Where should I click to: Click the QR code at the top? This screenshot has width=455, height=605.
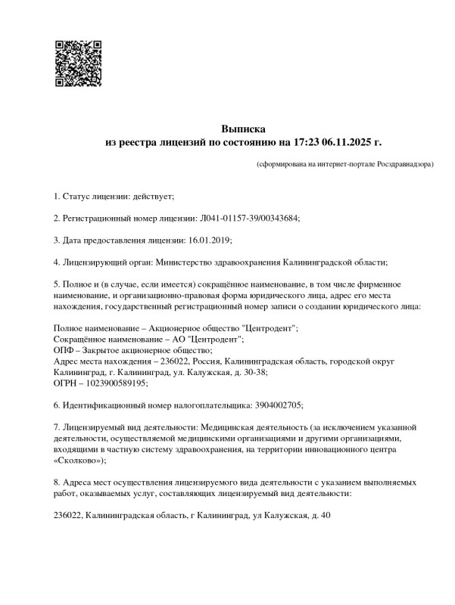coord(78,61)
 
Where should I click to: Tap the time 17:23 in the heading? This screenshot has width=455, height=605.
coord(302,141)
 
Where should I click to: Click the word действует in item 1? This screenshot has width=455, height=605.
coord(154,197)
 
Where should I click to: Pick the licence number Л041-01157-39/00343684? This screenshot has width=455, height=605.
coord(248,219)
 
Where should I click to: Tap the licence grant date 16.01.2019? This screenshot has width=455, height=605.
coord(208,240)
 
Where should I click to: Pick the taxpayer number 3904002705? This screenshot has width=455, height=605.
coord(273,405)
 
